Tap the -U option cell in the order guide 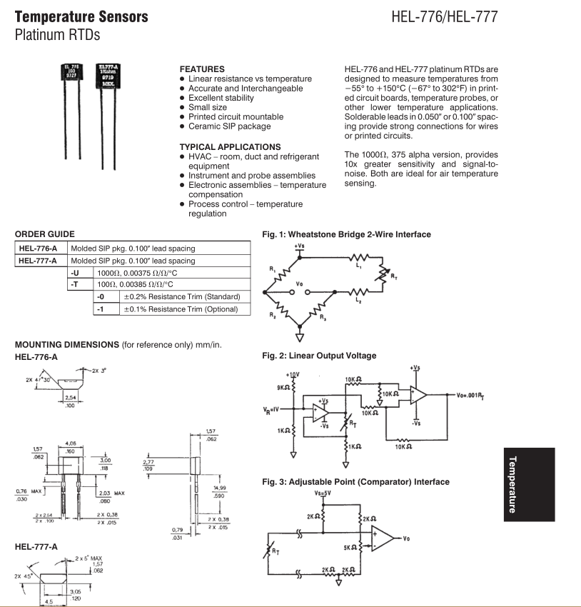(79, 273)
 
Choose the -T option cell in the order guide (79, 285)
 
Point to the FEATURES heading (202, 69)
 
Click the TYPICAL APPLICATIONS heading (226, 147)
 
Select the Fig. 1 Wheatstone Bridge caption (347, 234)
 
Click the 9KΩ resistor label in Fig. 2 (283, 388)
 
